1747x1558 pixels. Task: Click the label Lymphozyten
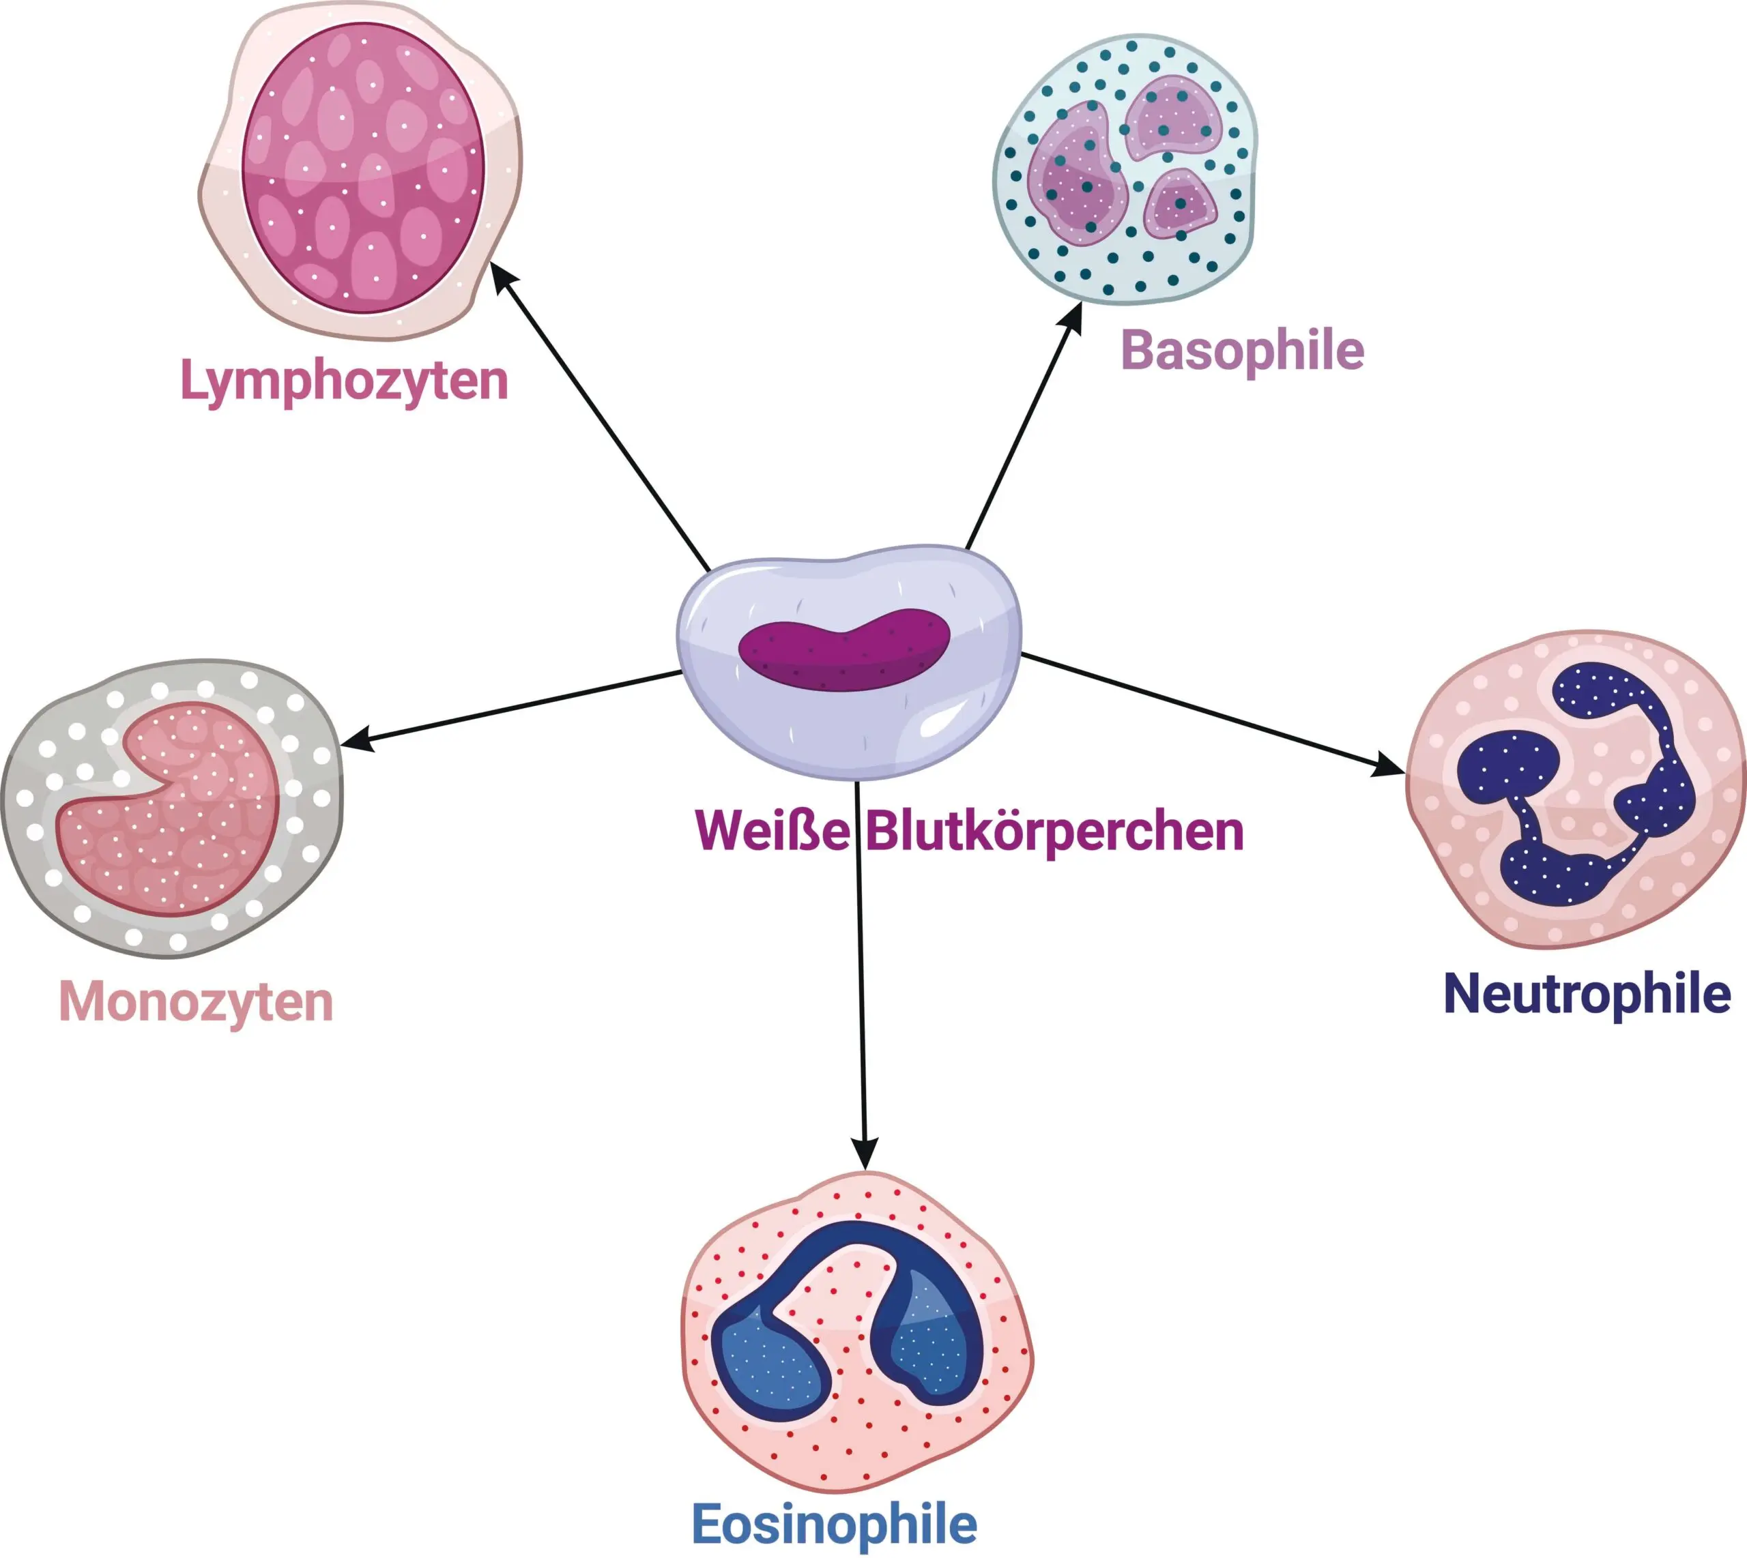coord(343,381)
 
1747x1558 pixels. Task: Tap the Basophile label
coord(1242,351)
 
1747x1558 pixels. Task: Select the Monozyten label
coord(195,1001)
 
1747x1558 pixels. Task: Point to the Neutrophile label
coord(1587,994)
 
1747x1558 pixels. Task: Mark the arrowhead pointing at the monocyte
coord(356,741)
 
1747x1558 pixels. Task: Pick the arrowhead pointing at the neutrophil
coord(1389,766)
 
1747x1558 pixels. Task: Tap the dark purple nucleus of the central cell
coord(843,651)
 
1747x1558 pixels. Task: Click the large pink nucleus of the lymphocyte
coord(363,167)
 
